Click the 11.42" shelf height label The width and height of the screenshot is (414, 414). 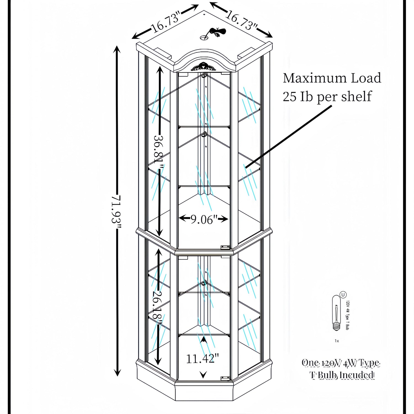pyautogui.click(x=202, y=359)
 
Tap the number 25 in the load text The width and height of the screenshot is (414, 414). pyautogui.click(x=290, y=97)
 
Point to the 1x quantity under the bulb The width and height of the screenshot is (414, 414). pyautogui.click(x=337, y=341)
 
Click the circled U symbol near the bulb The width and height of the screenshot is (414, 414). pyautogui.click(x=343, y=295)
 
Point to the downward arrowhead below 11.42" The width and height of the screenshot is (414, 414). pyautogui.click(x=203, y=375)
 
